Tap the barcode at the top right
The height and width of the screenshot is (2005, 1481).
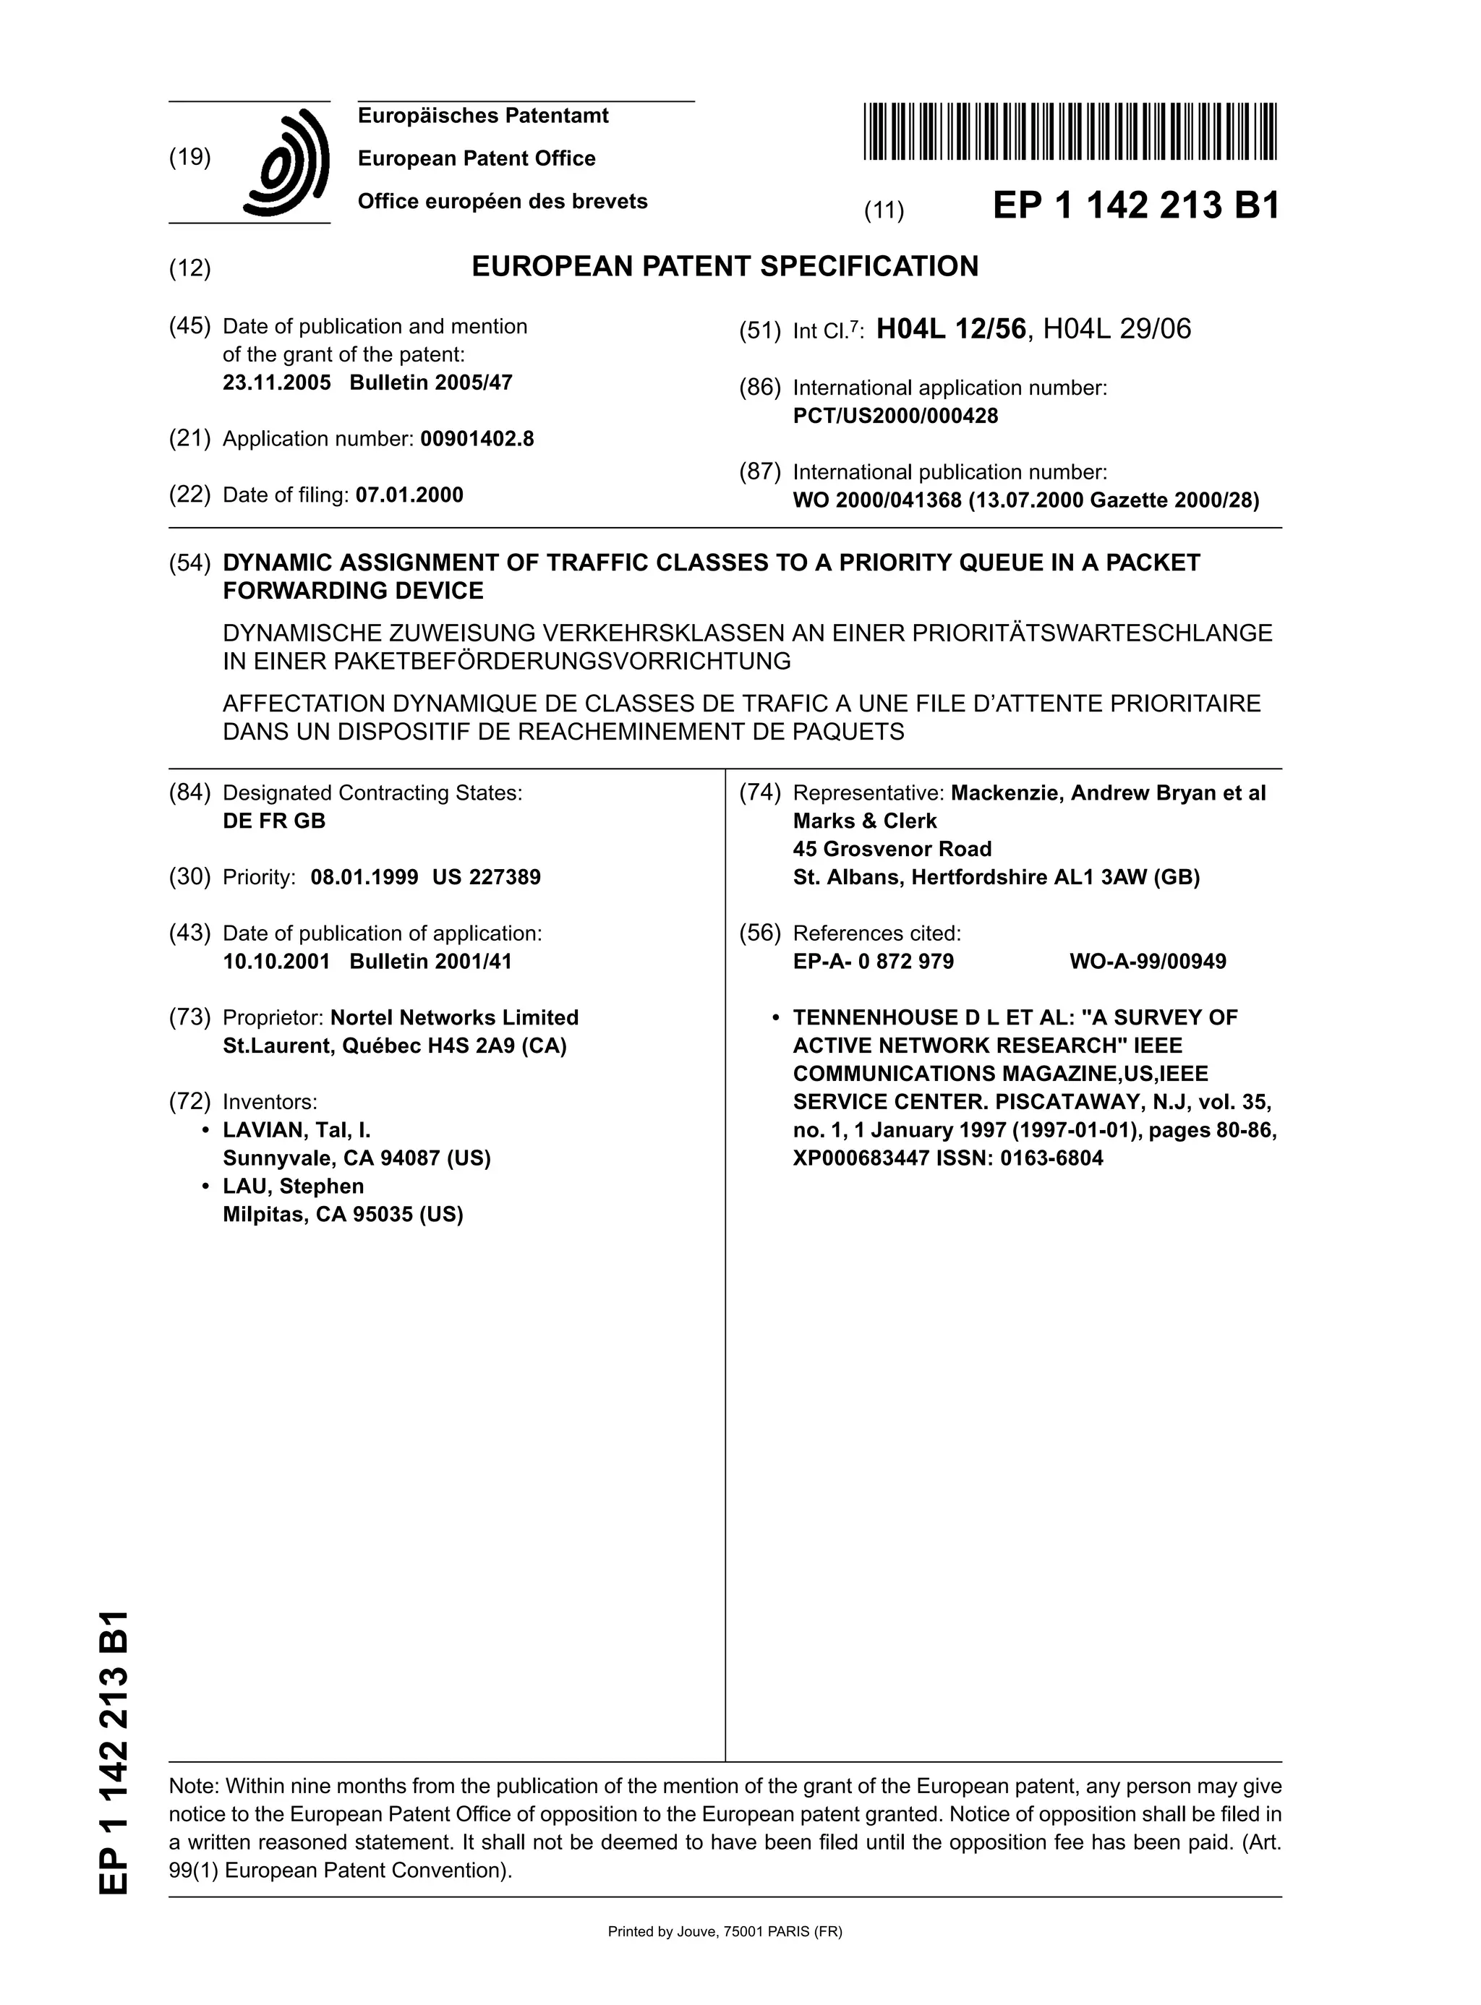[x=1070, y=132]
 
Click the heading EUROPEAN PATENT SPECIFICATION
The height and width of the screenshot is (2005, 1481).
[x=725, y=266]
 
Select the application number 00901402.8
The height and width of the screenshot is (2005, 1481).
[x=477, y=439]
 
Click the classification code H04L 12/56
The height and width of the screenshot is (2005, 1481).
[x=950, y=330]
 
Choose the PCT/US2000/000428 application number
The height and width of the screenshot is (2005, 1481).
[x=895, y=416]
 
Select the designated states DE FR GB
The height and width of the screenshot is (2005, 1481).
[x=273, y=821]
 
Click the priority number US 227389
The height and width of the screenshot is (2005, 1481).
[x=486, y=878]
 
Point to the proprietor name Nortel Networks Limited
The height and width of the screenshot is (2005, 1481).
[x=455, y=1017]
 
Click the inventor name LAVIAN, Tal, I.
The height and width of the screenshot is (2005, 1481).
[x=296, y=1130]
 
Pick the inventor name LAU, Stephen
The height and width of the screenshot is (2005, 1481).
[x=293, y=1187]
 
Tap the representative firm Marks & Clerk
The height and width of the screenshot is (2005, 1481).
[x=864, y=821]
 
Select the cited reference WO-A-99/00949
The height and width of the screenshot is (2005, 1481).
[x=1148, y=962]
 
